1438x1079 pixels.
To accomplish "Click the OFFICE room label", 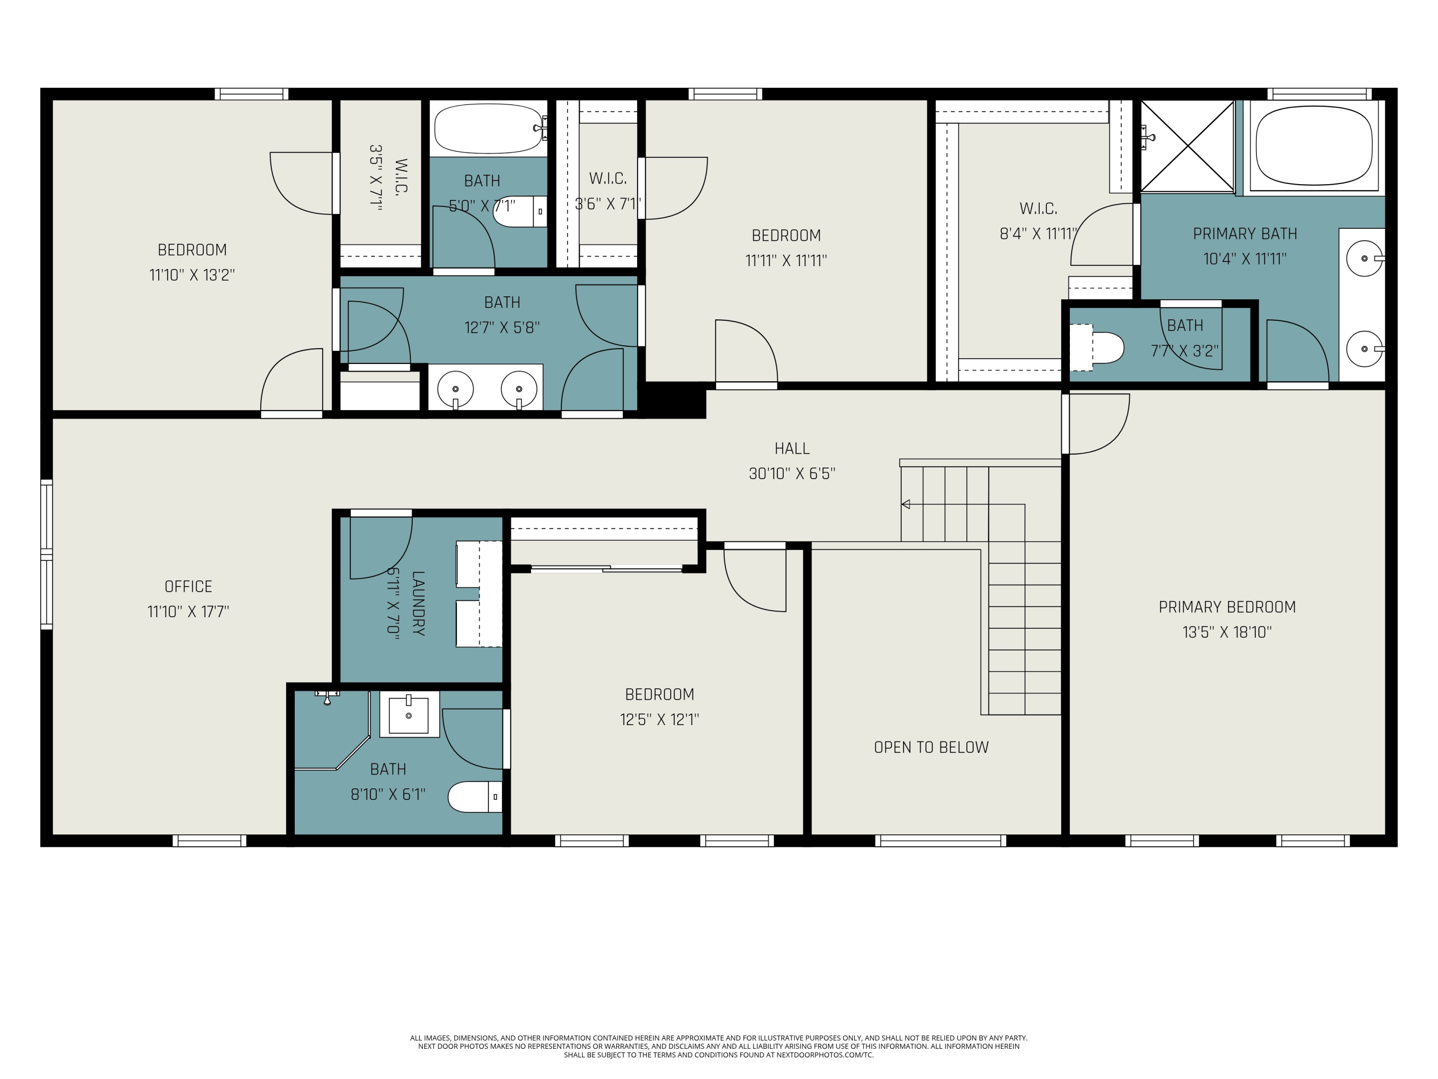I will pos(188,586).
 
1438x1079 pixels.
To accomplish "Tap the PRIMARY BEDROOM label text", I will pos(1227,607).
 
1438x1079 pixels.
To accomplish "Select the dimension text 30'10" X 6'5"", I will pos(791,473).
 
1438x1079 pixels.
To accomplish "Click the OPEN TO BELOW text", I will pos(931,747).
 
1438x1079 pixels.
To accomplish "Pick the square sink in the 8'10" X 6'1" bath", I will pos(409,714).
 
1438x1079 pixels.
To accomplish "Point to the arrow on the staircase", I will pos(905,504).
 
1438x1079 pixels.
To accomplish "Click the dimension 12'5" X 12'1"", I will pos(659,719).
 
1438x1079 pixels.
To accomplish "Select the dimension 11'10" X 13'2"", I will pos(192,274).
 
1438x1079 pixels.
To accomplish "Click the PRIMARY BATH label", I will pos(1244,234).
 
